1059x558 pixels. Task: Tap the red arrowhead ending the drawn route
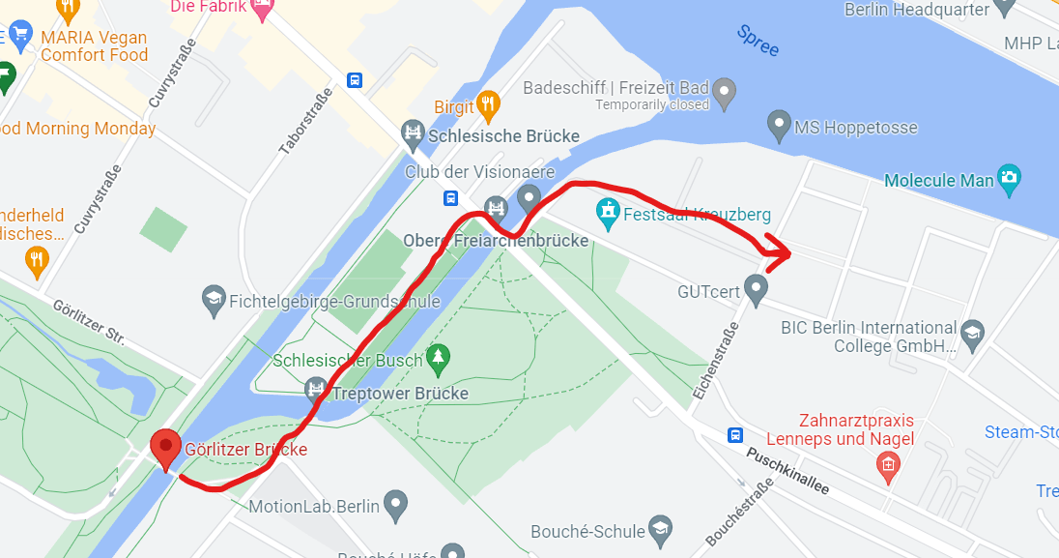click(x=781, y=252)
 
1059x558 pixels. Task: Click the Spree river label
click(x=758, y=41)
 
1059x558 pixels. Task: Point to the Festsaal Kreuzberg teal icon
click(x=608, y=213)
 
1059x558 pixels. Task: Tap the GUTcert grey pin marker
click(x=756, y=287)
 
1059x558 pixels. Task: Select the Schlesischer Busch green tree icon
click(x=439, y=358)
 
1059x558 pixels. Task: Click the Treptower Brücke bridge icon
click(x=315, y=391)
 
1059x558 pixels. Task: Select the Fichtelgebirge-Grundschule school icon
click(x=214, y=299)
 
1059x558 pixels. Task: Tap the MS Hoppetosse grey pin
click(x=779, y=125)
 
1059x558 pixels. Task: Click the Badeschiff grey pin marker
click(x=725, y=95)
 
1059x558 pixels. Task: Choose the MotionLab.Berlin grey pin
click(x=394, y=503)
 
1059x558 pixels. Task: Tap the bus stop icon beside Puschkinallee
click(x=735, y=434)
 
